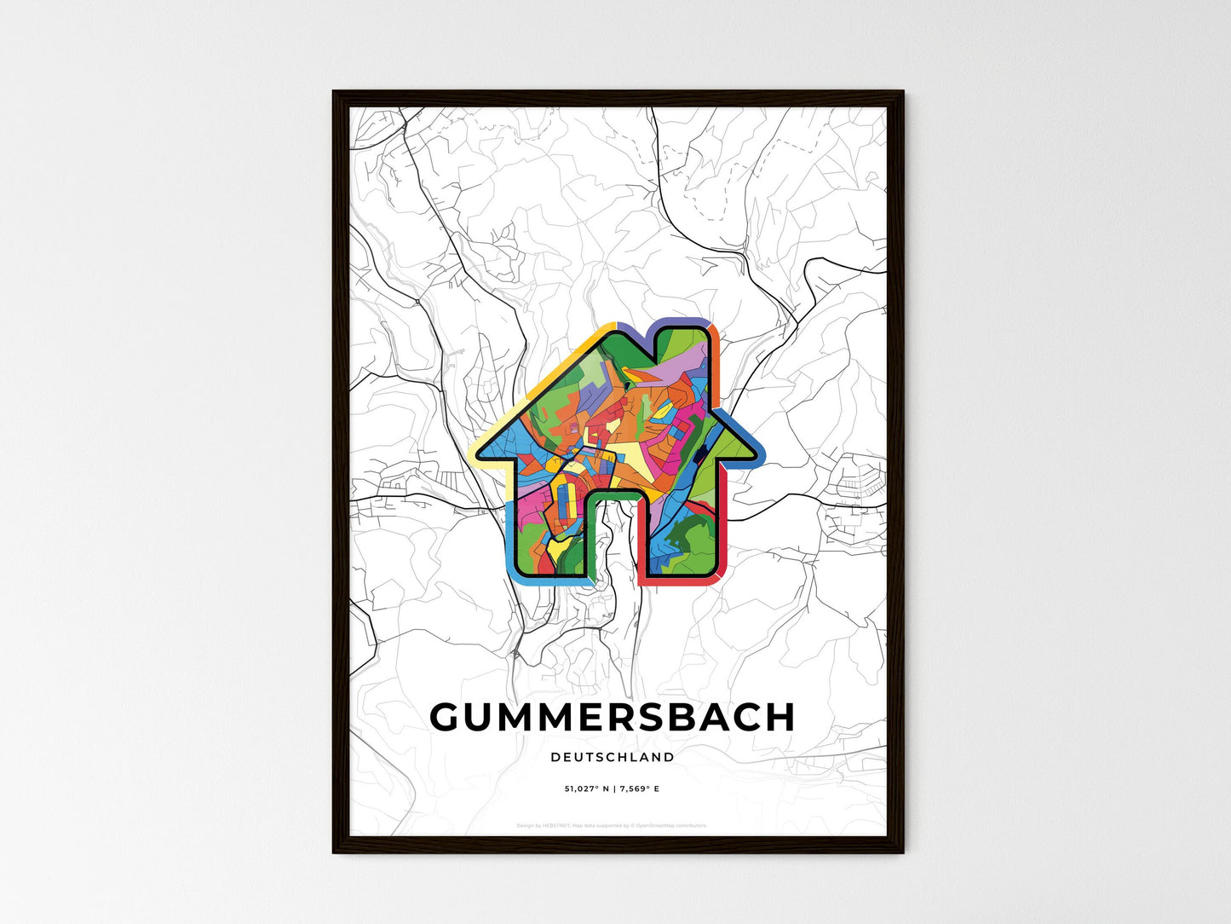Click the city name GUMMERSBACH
pyautogui.click(x=613, y=718)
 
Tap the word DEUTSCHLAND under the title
pyautogui.click(x=613, y=757)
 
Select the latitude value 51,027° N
pyautogui.click(x=585, y=789)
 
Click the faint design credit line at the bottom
pyautogui.click(x=613, y=825)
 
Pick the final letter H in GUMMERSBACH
pyautogui.click(x=779, y=718)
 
